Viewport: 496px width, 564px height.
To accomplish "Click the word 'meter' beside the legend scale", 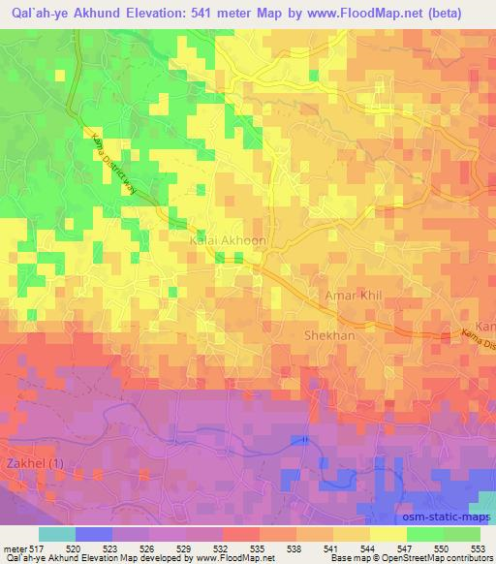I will point(14,548).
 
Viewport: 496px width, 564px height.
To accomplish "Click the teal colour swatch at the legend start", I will point(55,534).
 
